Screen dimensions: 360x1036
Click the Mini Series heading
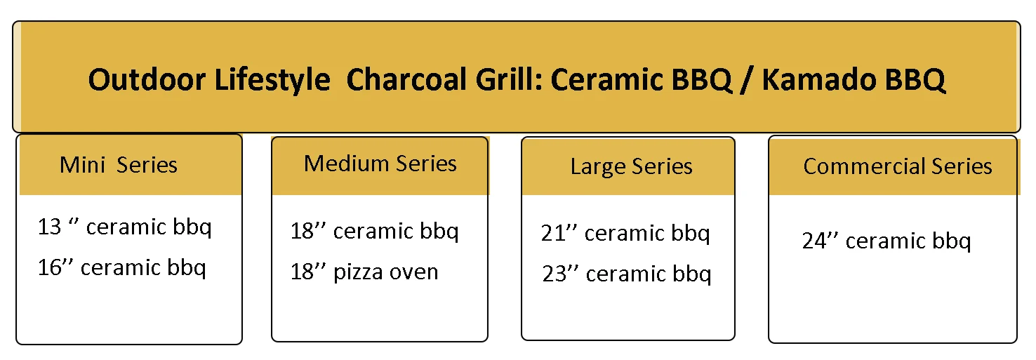(x=119, y=165)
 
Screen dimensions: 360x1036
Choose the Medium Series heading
(x=380, y=164)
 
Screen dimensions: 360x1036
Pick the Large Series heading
(x=631, y=166)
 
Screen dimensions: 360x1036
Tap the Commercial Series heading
(x=898, y=166)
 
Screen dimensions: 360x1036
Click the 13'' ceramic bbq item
(x=124, y=227)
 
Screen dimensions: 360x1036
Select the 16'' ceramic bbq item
(x=121, y=268)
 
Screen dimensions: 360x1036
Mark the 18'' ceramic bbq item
(x=374, y=232)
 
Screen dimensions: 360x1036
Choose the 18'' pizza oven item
(x=364, y=272)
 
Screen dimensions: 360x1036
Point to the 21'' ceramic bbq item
(x=625, y=234)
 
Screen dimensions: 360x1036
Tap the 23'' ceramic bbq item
(x=626, y=274)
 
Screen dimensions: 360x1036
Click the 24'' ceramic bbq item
(x=886, y=241)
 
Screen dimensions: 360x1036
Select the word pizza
(x=357, y=272)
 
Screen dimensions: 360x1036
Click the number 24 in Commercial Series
(x=814, y=241)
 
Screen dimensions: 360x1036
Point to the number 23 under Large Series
(x=554, y=274)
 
